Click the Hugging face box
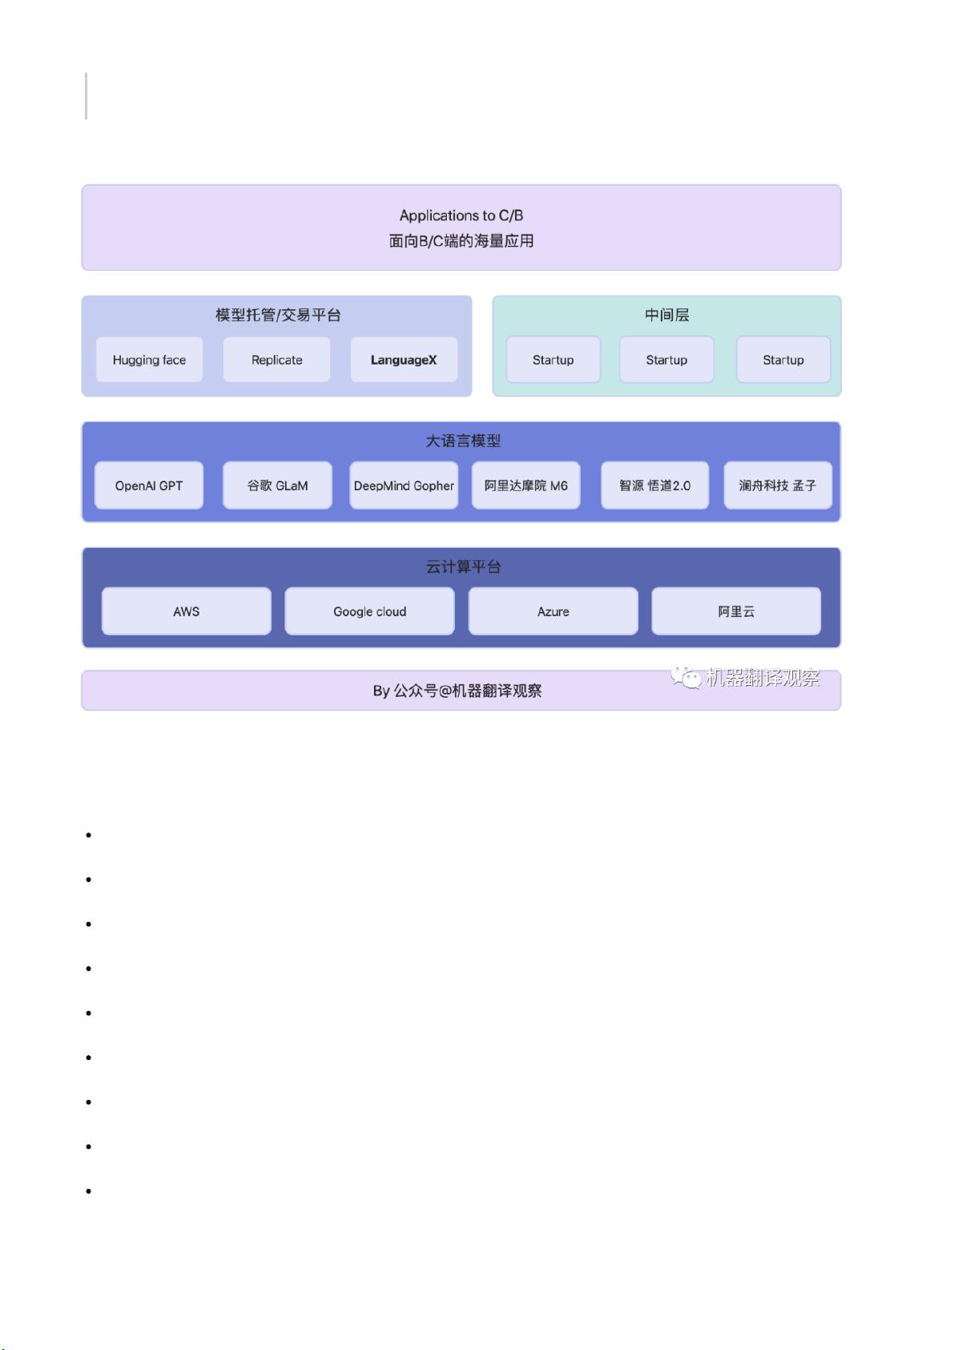point(149,360)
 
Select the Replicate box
point(276,360)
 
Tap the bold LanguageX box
point(404,360)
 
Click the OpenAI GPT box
point(149,486)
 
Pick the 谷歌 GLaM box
point(277,486)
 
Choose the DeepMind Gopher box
point(404,486)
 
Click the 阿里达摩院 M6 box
point(526,486)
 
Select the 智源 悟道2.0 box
point(655,486)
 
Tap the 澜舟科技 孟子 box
point(778,486)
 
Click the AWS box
point(186,611)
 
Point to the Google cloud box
point(369,611)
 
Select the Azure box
point(553,611)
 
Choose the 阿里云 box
point(736,611)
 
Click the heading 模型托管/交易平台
point(279,315)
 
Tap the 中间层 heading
point(667,315)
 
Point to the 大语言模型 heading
point(464,441)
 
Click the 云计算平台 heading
point(464,566)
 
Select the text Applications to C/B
point(461,216)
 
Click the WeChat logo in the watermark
point(686,677)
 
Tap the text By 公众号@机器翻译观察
point(457,691)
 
